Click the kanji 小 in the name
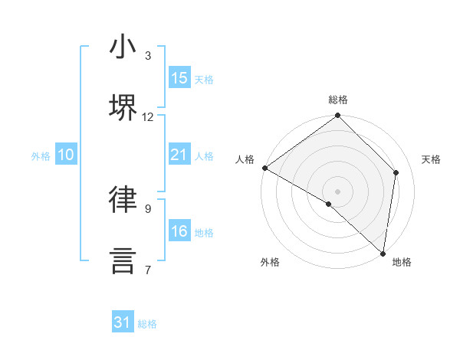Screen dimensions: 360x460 pos(123,47)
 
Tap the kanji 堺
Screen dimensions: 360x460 pos(123,107)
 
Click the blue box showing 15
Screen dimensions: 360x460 pos(179,78)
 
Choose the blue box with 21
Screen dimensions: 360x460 pos(179,155)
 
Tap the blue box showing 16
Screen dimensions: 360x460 pos(179,232)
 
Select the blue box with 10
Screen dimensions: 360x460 pos(66,155)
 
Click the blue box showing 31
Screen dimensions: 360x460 pos(123,323)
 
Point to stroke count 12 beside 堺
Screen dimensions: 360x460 pos(148,117)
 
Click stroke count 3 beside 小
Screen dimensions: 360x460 pos(148,56)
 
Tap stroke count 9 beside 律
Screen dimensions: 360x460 pos(148,208)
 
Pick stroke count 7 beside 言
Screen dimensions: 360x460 pos(148,270)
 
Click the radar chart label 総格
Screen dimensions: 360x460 pos(338,100)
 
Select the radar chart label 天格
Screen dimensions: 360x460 pos(431,159)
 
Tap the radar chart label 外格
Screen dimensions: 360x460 pos(269,262)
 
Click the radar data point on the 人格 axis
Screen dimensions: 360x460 pos(264,168)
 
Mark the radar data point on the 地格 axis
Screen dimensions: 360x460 pos(383,254)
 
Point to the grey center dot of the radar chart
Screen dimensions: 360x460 pos(337,191)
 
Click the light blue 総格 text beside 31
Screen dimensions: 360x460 pos(147,324)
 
